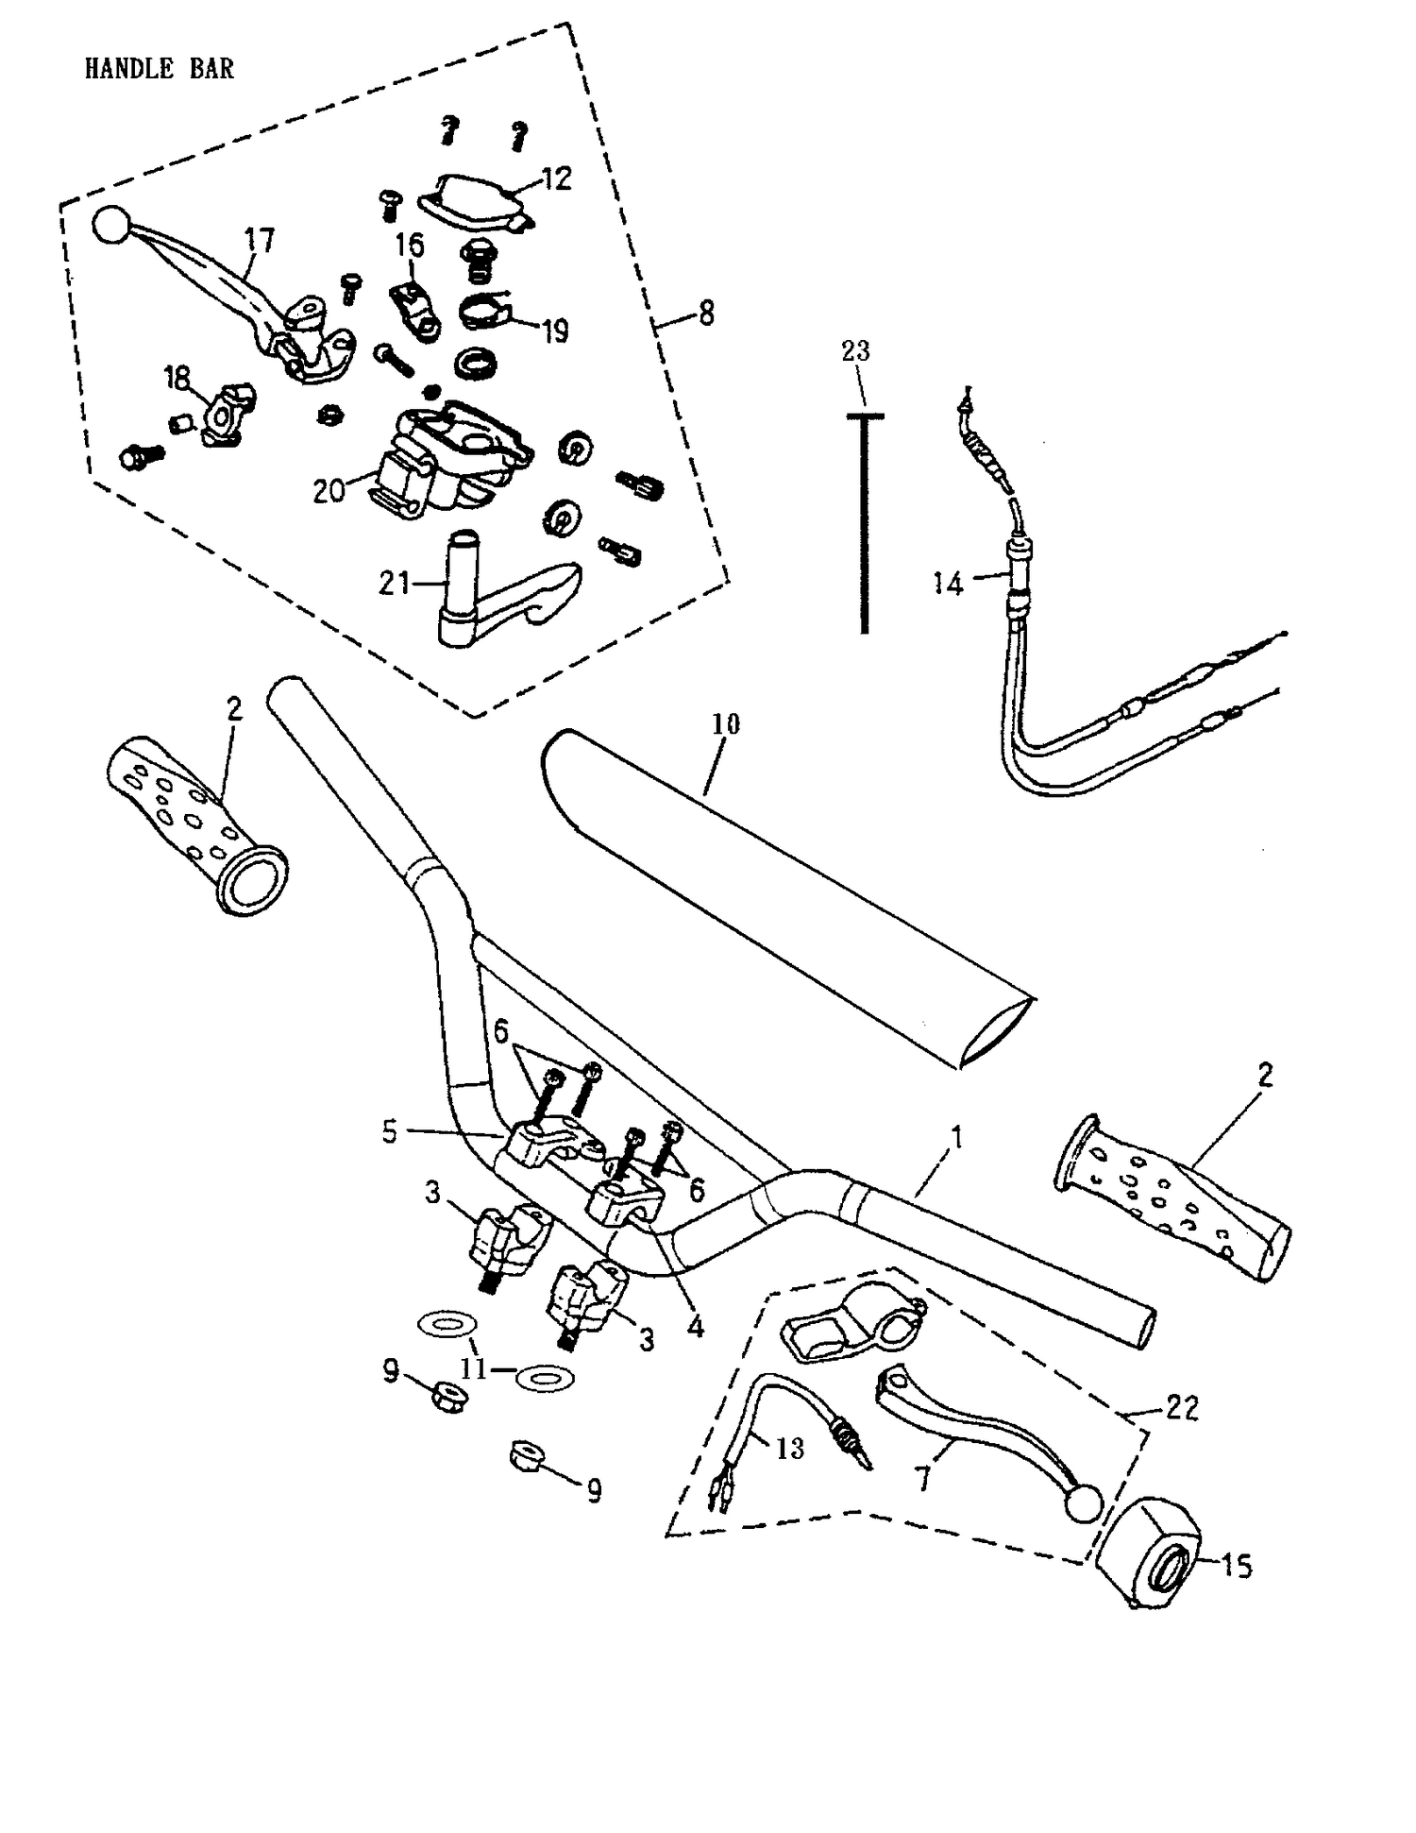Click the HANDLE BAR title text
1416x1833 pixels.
point(159,68)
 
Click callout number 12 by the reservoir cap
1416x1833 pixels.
point(557,178)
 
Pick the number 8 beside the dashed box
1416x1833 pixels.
point(706,313)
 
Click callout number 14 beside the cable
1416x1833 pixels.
point(947,584)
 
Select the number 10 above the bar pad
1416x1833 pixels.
point(725,724)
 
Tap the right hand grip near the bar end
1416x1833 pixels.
point(1175,1194)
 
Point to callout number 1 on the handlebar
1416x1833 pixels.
point(956,1137)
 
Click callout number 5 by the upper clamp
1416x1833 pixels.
point(391,1132)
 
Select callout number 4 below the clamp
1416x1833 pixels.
point(695,1327)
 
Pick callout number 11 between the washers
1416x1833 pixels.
point(473,1368)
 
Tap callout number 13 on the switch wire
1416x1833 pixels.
point(789,1448)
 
